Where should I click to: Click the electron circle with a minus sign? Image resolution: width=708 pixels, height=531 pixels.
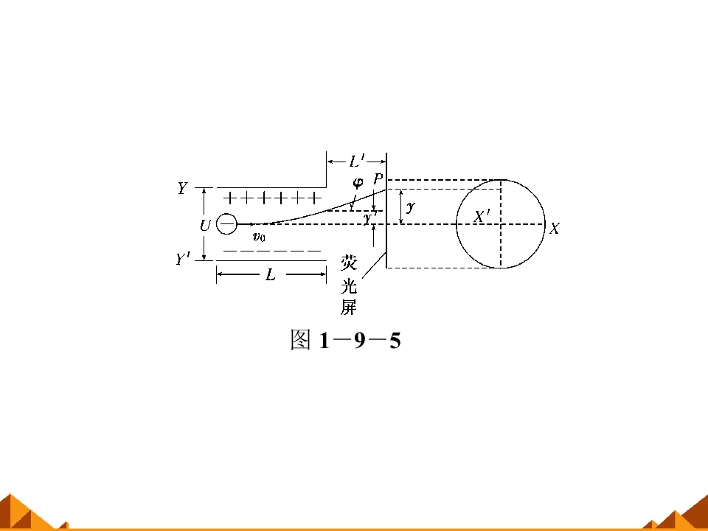pyautogui.click(x=226, y=224)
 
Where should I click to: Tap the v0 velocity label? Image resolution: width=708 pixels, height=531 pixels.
pyautogui.click(x=259, y=237)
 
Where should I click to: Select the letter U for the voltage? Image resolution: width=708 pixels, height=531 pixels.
pyautogui.click(x=205, y=225)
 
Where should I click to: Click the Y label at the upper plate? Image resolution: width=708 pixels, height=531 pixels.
pyautogui.click(x=182, y=188)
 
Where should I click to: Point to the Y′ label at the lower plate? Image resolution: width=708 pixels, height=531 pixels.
pyautogui.click(x=184, y=259)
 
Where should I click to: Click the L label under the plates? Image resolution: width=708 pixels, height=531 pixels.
pyautogui.click(x=271, y=274)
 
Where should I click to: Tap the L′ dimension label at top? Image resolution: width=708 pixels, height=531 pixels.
pyautogui.click(x=357, y=162)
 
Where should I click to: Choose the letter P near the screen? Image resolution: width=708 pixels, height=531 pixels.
pyautogui.click(x=378, y=179)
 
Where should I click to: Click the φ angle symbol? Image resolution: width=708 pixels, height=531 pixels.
pyautogui.click(x=358, y=183)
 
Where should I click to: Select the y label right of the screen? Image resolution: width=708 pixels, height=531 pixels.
pyautogui.click(x=411, y=207)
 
